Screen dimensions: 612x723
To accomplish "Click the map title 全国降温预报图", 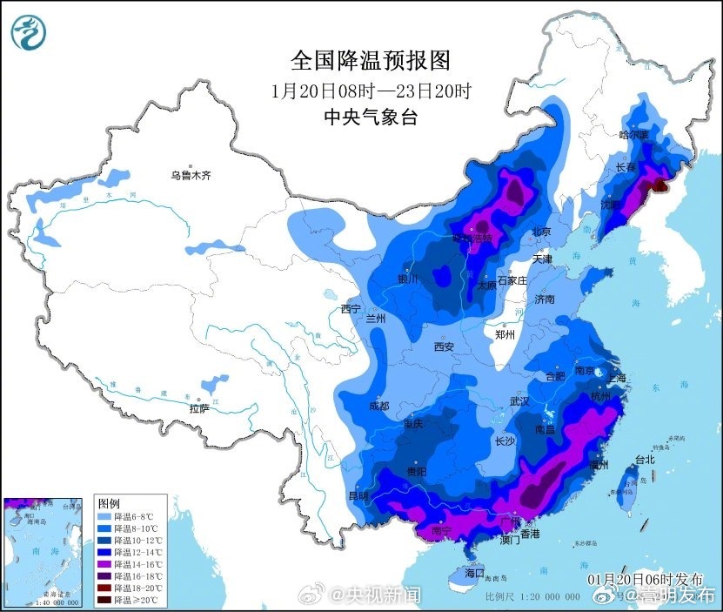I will click(371, 60).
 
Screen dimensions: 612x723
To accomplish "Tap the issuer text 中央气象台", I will click(371, 118).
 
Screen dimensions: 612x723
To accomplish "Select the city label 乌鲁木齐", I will click(191, 176).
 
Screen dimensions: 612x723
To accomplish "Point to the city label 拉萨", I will click(199, 407).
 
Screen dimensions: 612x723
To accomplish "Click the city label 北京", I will click(541, 232).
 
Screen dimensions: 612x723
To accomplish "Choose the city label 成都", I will click(378, 406).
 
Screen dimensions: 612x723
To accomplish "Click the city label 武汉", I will click(519, 401).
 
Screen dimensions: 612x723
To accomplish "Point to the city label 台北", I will click(644, 459).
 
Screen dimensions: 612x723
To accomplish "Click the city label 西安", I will click(444, 346).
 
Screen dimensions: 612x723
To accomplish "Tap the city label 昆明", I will click(358, 495).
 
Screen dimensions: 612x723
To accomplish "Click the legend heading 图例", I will click(109, 504).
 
